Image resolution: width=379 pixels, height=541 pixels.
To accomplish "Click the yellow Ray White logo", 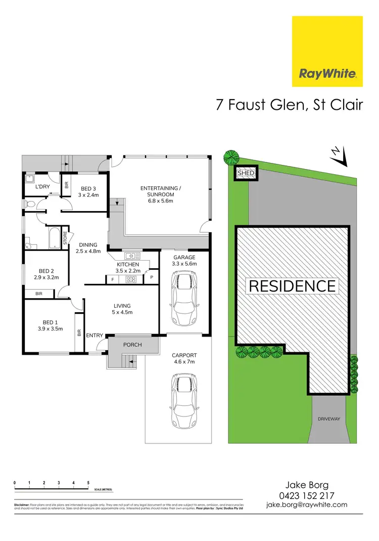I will pos(327,51).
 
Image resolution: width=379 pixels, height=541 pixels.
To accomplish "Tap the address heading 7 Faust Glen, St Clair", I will pos(289,105).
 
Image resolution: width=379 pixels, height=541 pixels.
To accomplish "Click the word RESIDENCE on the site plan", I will pos(292,286).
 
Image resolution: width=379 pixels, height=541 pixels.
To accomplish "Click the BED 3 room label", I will pos(88,191).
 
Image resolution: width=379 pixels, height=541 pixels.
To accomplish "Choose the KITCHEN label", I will pos(128,268).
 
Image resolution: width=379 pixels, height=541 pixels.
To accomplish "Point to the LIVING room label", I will pos(122,309).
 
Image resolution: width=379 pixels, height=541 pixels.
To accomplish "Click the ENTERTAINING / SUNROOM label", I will pos(157,194).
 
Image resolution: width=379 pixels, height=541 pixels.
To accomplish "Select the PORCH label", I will pos(133,345).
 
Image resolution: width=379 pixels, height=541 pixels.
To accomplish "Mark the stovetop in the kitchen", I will pos(131,279).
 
